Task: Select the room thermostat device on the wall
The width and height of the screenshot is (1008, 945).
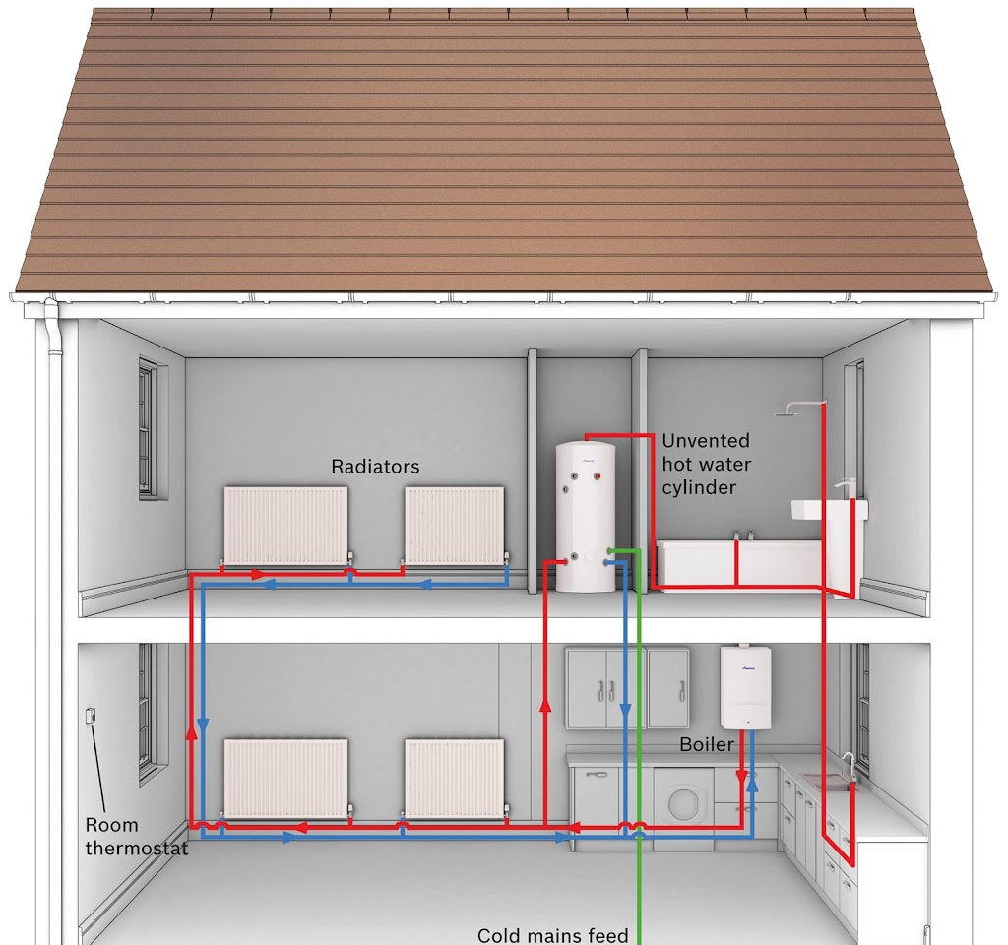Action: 91,716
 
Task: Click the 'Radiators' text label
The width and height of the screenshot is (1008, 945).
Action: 375,467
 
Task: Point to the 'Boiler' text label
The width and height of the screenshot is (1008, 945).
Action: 707,744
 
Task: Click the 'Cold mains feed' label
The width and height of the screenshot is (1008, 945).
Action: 552,934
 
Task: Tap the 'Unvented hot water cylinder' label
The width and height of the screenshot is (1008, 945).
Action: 706,464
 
